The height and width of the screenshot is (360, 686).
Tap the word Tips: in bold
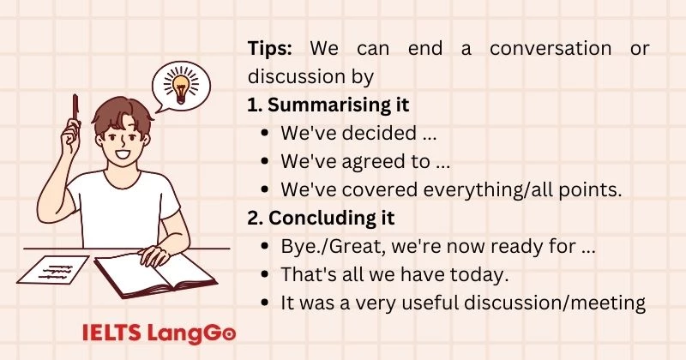274,48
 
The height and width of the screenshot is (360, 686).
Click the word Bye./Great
325,246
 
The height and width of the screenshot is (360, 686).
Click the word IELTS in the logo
107,333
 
